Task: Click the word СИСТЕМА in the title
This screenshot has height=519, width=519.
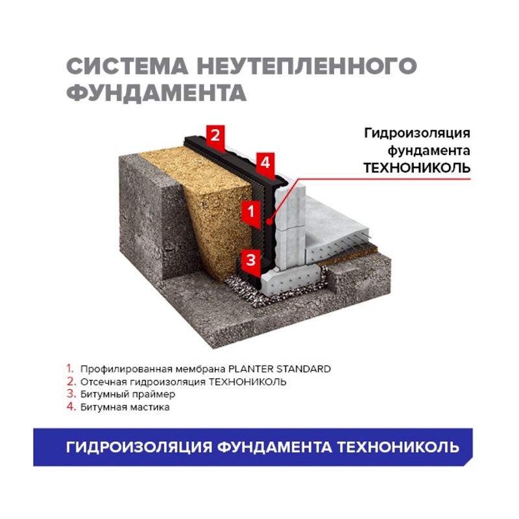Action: (x=127, y=66)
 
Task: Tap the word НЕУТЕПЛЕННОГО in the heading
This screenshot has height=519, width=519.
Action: (x=307, y=66)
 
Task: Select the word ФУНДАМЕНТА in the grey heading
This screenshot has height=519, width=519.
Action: (x=156, y=92)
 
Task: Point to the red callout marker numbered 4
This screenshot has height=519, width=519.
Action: (x=265, y=164)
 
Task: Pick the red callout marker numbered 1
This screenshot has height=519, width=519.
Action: (x=251, y=213)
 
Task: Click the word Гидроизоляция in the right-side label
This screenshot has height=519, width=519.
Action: (x=417, y=134)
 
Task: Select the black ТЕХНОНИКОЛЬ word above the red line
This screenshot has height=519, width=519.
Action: (x=417, y=168)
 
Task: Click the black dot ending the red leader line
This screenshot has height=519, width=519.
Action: (x=269, y=221)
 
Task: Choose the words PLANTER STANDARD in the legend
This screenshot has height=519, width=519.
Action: (x=280, y=369)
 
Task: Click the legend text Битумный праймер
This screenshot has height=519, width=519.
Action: (x=128, y=394)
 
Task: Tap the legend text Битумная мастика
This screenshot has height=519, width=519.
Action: (x=125, y=407)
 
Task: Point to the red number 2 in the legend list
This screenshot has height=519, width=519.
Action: (x=71, y=381)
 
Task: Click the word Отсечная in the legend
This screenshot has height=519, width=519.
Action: (x=104, y=382)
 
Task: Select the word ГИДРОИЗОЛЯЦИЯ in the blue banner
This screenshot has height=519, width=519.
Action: (x=139, y=447)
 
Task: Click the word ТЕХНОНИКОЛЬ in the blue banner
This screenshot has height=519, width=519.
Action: (x=398, y=447)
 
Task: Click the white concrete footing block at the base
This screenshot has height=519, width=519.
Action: (x=289, y=278)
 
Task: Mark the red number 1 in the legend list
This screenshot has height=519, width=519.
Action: (x=70, y=368)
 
